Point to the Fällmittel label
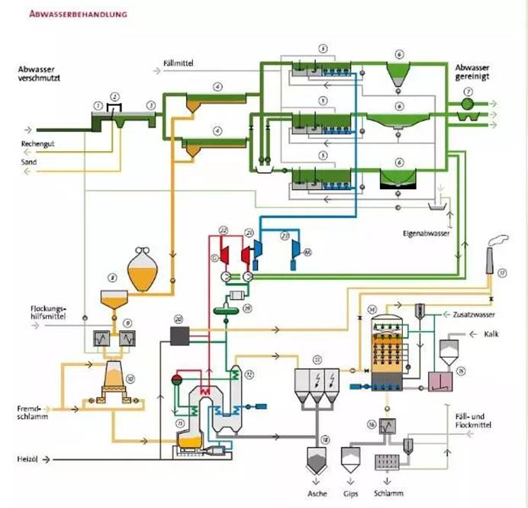[x=180, y=63]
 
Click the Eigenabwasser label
[x=425, y=230]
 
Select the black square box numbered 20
[x=181, y=334]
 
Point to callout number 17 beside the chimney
[x=502, y=272]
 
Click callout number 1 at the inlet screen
[x=97, y=103]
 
